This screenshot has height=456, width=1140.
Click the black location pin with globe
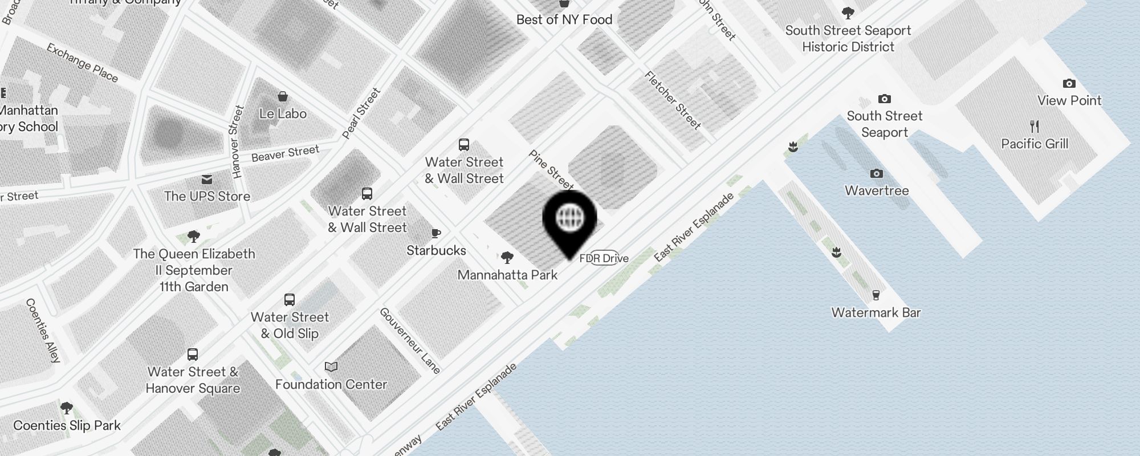click(x=569, y=219)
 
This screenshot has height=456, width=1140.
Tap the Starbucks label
click(x=436, y=250)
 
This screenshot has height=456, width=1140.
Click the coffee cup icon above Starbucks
click(x=436, y=233)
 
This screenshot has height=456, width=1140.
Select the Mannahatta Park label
click(x=507, y=275)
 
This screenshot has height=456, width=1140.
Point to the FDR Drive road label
click(x=604, y=258)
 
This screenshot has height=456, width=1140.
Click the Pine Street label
click(x=551, y=169)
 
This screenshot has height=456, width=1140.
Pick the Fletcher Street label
click(x=673, y=100)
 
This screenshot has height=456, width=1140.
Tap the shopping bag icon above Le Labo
click(x=282, y=96)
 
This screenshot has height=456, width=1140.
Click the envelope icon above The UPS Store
click(x=207, y=180)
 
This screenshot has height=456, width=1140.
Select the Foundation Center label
click(x=331, y=384)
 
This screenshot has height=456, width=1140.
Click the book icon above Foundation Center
click(x=331, y=367)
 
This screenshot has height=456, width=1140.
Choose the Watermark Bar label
click(x=876, y=312)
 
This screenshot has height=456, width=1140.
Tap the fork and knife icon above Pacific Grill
click(x=1035, y=126)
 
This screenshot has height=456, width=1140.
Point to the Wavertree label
click(x=877, y=190)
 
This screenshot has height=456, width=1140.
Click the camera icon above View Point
click(x=1069, y=84)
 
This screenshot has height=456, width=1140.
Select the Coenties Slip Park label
click(x=67, y=425)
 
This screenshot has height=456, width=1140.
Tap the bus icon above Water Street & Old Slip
click(x=290, y=300)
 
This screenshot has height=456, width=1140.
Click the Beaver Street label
click(x=285, y=153)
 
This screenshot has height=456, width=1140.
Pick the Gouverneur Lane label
click(x=410, y=341)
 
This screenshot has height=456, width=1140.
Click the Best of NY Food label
click(x=564, y=19)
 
